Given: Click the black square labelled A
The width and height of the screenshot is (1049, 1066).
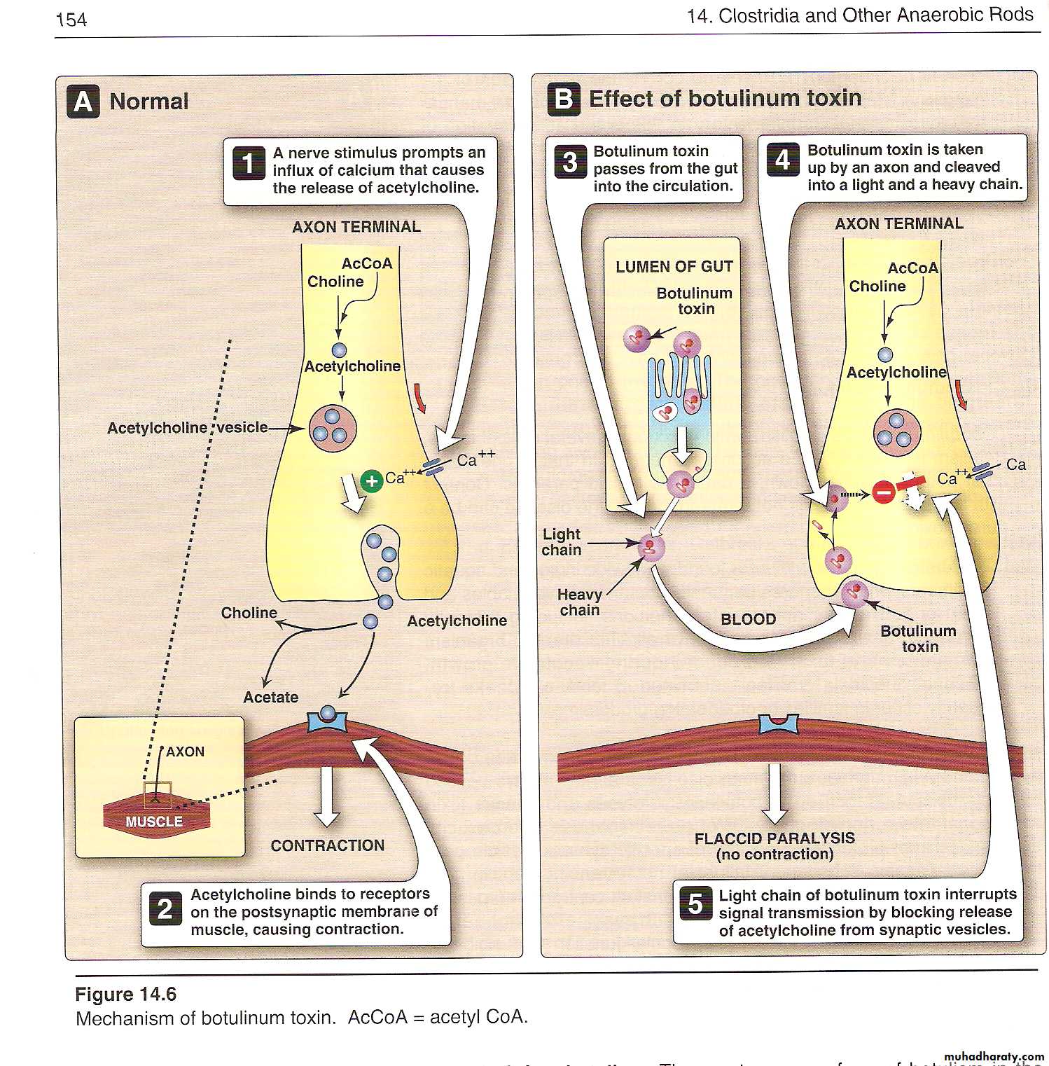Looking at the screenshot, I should coord(83,102).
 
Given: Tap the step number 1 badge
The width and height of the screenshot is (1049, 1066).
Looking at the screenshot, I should coord(249,163).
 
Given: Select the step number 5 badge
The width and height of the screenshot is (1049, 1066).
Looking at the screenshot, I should coord(695,904).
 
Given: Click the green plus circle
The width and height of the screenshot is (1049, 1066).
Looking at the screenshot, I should coord(371,481).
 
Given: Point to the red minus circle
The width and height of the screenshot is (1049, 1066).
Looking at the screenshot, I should coord(883,492).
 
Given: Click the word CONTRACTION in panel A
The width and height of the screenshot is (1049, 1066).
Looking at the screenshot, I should coord(327,845).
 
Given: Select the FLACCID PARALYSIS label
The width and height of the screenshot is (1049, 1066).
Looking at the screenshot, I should coord(774,838).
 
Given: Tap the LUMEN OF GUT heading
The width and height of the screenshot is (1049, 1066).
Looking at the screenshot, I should coord(674,267).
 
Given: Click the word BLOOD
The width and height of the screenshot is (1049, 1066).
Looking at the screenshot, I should coord(748,619).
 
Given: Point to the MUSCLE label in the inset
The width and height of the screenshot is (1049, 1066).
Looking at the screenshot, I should coord(154,822).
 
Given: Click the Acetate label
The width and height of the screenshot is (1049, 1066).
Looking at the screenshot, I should coord(270,697).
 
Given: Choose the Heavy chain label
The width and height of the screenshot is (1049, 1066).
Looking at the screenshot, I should coord(580,602).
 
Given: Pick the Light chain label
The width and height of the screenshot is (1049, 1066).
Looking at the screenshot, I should coord(562,542).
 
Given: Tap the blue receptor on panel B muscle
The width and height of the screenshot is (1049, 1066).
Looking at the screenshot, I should coord(778,724).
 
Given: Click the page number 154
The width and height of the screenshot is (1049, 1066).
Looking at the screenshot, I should coord(71,20).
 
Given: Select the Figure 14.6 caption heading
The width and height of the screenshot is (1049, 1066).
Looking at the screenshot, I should coord(125,995).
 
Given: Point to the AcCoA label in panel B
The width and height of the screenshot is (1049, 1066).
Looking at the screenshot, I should coord(912,268).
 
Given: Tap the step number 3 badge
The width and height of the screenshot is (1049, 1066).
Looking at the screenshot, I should coord(570,162).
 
